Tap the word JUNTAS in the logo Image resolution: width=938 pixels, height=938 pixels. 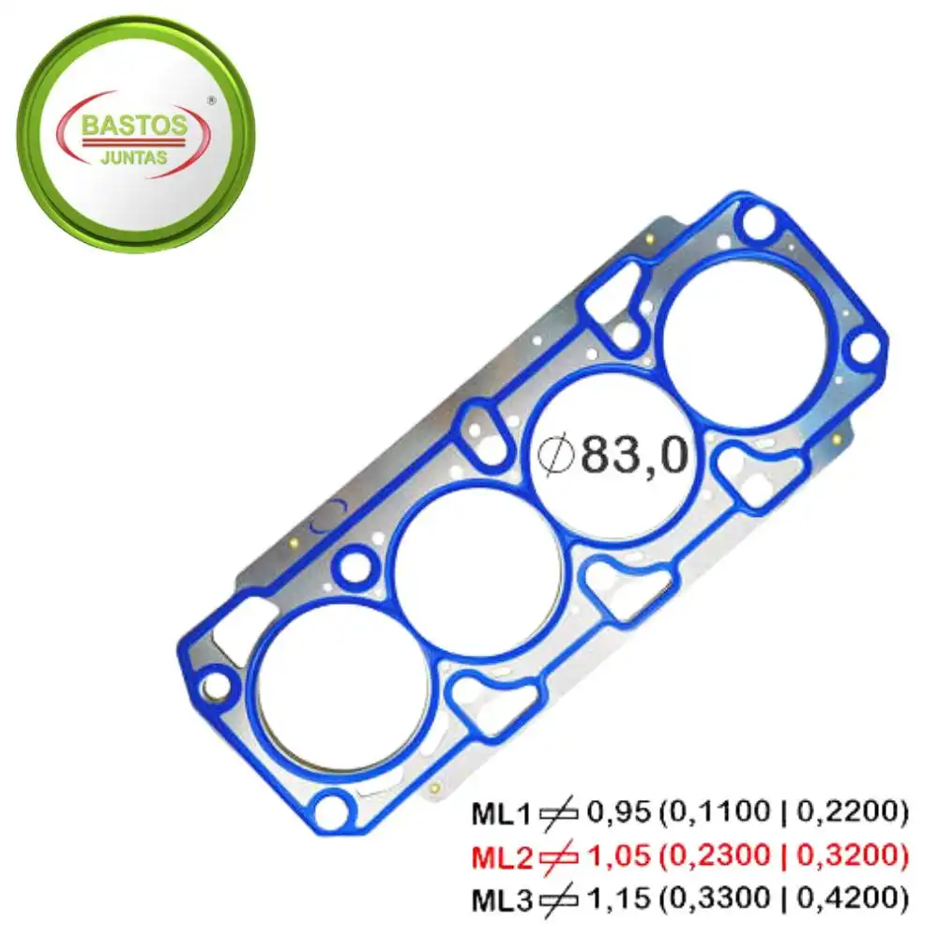pyautogui.click(x=133, y=159)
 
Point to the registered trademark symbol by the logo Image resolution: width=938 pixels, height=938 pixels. pyautogui.click(x=211, y=97)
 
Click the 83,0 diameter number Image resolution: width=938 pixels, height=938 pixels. pyautogui.click(x=635, y=456)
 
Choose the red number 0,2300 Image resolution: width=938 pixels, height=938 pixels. pyautogui.click(x=718, y=856)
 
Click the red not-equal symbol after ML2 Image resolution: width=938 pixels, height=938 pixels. pyautogui.click(x=560, y=857)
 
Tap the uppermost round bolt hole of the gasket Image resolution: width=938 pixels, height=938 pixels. pyautogui.click(x=757, y=225)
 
